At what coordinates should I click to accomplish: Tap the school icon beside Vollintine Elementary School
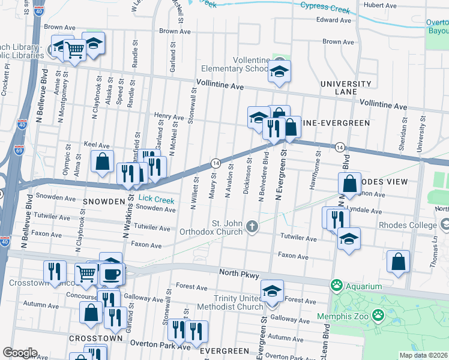(279, 71)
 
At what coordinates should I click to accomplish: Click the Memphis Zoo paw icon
(378, 314)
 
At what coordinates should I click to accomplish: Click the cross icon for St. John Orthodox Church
(253, 227)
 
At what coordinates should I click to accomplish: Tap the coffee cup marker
(112, 274)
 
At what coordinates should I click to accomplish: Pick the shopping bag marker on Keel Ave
(102, 161)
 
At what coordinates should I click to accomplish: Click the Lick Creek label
(157, 197)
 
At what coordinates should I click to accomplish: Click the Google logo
(20, 353)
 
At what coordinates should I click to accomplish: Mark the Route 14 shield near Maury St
(215, 164)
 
